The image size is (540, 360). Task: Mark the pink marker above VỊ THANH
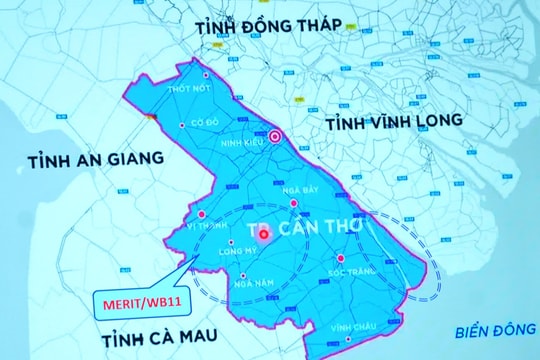click(203, 214)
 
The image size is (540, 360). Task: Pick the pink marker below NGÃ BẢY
click(293, 203)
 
